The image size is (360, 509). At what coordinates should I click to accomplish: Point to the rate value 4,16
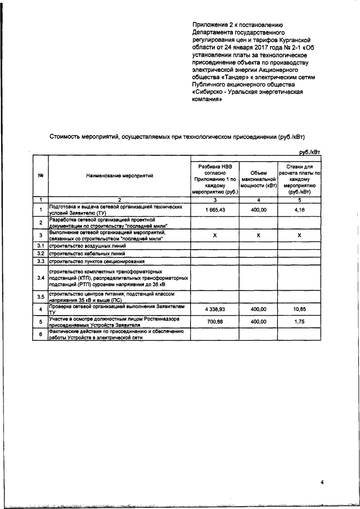coord(300,210)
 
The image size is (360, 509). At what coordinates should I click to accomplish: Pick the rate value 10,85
coord(300,309)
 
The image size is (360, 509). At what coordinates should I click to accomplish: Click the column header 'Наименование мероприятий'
coord(120,176)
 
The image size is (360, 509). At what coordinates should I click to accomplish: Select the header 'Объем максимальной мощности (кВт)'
coord(258,176)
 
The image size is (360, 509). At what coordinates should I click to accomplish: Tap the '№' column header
coord(40,176)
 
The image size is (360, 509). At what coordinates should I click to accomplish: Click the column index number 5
coord(300,200)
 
